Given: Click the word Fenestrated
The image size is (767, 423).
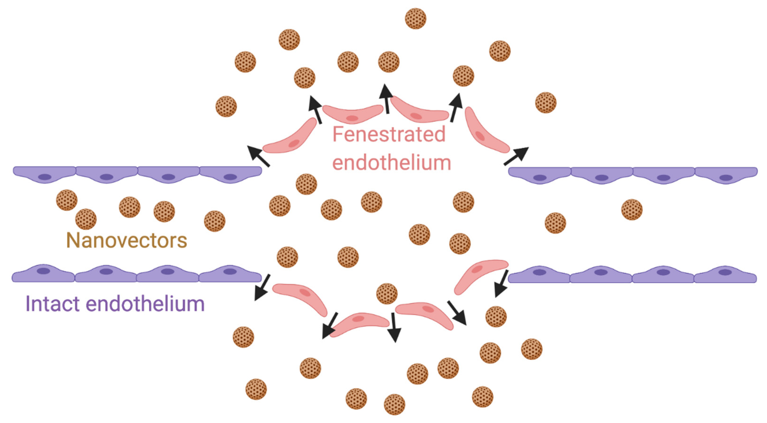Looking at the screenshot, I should [x=389, y=134].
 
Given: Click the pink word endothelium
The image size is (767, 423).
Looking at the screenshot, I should [x=392, y=163].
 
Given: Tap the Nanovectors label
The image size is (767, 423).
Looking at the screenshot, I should [x=127, y=240].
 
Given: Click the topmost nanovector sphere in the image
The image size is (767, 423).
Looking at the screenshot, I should [x=415, y=18].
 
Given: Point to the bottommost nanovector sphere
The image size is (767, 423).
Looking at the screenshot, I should [x=394, y=404].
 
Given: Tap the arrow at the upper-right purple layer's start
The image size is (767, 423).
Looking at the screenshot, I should [x=516, y=156].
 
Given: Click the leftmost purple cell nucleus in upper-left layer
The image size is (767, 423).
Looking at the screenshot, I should [x=45, y=177].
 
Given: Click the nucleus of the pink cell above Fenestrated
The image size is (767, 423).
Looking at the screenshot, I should [x=352, y=118].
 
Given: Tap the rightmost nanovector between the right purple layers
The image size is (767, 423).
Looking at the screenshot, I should [x=632, y=210].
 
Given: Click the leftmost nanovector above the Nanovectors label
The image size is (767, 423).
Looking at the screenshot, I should [x=67, y=200].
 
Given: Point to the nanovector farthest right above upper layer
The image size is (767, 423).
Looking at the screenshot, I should [x=546, y=103].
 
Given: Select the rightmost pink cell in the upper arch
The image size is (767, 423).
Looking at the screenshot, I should [x=485, y=131].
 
